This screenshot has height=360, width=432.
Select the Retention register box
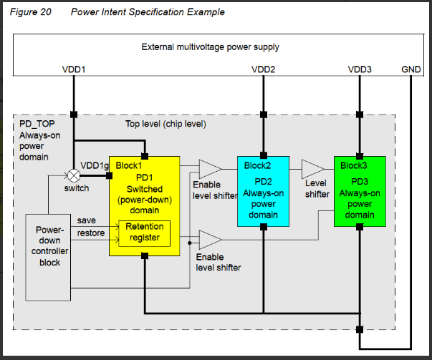tap(144, 232)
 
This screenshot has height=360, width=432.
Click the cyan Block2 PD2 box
tap(263, 190)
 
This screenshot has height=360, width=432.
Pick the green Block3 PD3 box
tap(360, 190)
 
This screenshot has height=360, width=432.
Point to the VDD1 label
tap(74, 70)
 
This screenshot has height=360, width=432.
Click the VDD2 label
tap(264, 70)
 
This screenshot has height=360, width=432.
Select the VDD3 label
tap(360, 70)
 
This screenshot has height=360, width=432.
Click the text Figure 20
tap(31, 12)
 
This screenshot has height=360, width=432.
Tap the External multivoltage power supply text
tap(210, 47)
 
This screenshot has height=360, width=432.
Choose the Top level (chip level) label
tap(165, 124)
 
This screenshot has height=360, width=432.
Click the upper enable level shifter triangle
tap(209, 170)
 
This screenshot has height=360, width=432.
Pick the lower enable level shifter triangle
tap(209, 240)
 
